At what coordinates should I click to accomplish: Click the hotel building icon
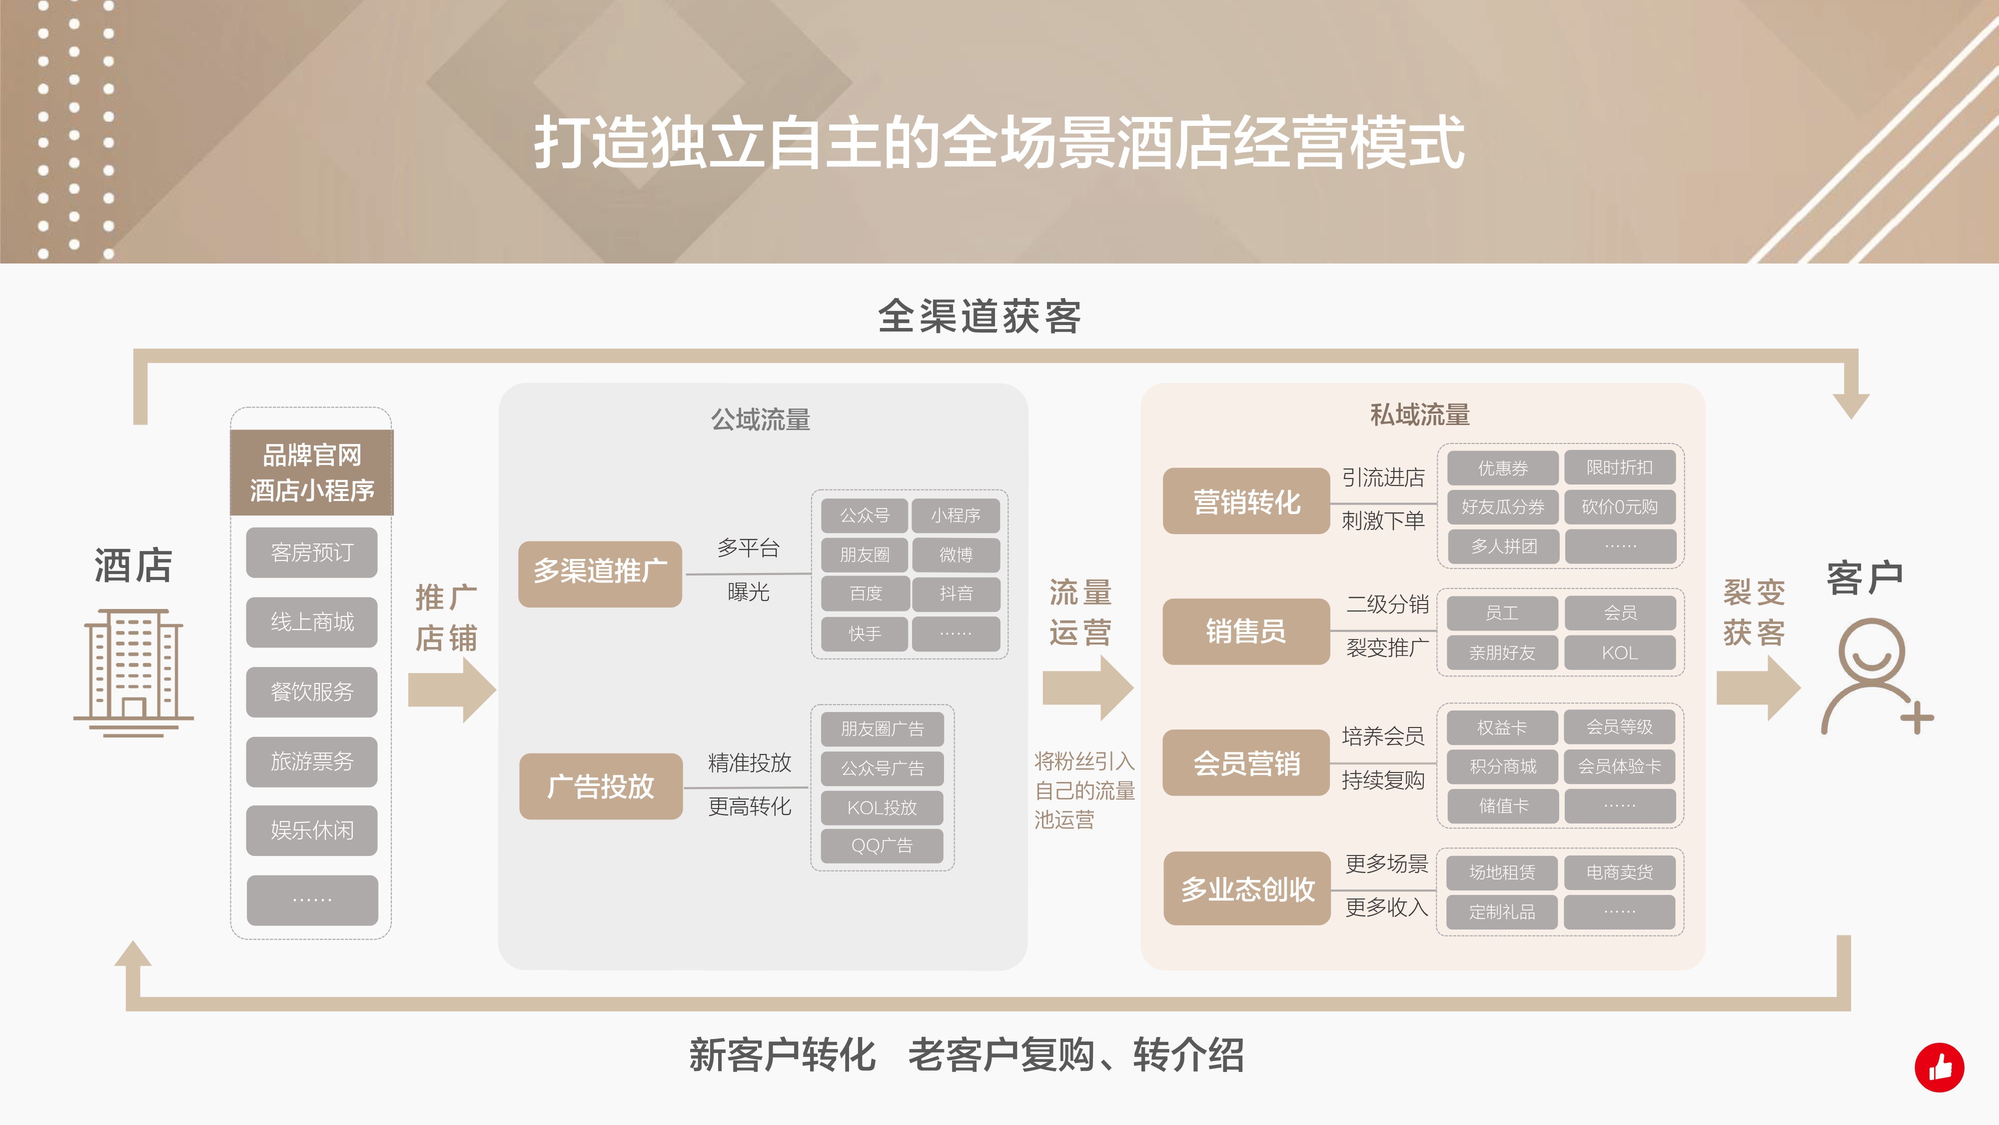coord(133,672)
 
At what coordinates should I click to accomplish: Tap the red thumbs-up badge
coord(1939,1067)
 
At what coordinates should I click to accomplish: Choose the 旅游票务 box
coord(312,761)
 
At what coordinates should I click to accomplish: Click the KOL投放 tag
coord(882,807)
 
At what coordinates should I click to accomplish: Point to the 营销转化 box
coord(1246,501)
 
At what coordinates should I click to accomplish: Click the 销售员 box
coord(1246,631)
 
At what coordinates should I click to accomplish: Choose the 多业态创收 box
coord(1247,888)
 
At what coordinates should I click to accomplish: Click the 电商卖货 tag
coord(1620,872)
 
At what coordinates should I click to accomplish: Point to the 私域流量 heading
coord(1420,414)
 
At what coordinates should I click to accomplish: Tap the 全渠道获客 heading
coord(980,316)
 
